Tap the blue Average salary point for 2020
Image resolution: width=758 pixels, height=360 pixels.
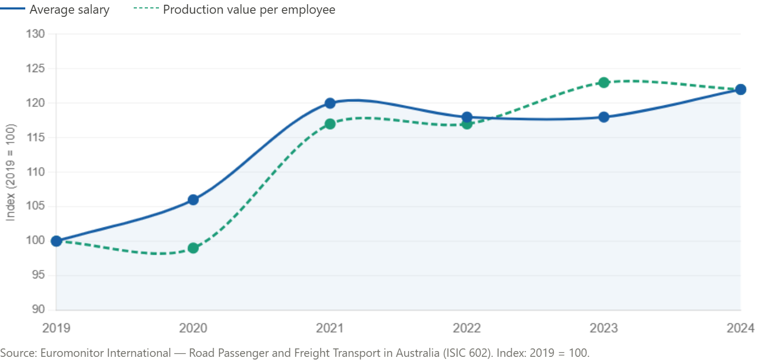click(x=193, y=199)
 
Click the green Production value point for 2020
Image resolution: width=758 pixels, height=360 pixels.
click(x=193, y=248)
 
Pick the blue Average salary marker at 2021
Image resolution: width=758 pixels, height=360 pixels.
click(x=330, y=103)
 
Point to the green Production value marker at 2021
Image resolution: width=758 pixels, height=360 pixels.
click(x=330, y=124)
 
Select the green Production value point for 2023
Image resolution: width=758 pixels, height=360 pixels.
click(x=604, y=82)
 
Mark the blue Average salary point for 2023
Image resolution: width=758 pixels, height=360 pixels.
click(x=604, y=117)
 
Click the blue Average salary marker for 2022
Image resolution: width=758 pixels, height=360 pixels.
click(x=467, y=117)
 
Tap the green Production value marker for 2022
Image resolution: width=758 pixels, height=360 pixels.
click(x=467, y=124)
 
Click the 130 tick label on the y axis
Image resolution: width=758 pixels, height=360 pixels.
click(x=36, y=34)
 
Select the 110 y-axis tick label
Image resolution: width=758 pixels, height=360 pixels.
click(x=36, y=172)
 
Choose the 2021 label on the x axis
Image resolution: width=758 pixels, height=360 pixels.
click(x=330, y=328)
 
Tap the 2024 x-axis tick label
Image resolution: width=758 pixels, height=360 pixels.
click(x=741, y=328)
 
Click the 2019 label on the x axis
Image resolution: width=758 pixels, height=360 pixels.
click(x=56, y=328)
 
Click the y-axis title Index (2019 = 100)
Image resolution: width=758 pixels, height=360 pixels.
click(x=11, y=172)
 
